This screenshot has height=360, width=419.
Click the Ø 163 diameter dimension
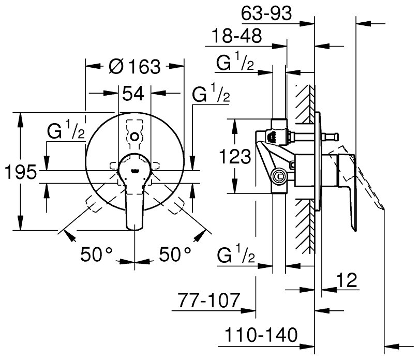pos(136,67)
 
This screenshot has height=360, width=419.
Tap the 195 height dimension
pos(20,172)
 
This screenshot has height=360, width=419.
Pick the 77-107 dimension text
pos(212,299)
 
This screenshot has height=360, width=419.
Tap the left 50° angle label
pos(97,254)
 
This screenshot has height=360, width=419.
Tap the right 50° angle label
pos(174,254)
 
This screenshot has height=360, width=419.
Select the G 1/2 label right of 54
pos(210,95)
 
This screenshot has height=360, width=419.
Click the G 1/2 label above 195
pos(64,132)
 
